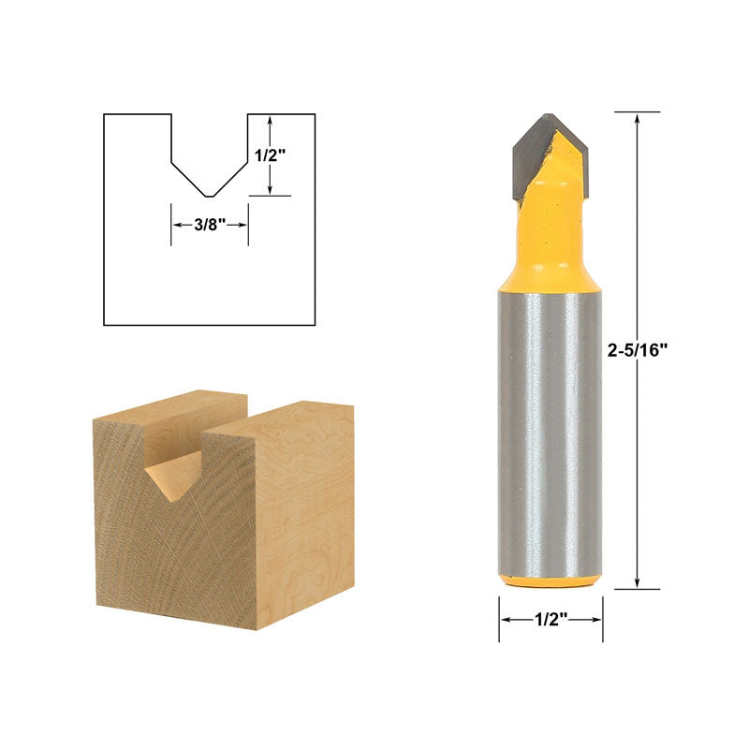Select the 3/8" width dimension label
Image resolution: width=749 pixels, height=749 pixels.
tap(209, 225)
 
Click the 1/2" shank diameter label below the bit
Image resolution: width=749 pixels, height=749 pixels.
tap(550, 620)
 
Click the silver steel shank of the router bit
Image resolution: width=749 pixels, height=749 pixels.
tap(550, 431)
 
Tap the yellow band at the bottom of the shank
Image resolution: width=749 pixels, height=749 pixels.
tap(550, 580)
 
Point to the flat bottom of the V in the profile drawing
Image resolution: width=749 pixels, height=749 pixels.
tap(209, 196)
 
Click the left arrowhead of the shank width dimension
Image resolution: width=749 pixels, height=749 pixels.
tap(504, 620)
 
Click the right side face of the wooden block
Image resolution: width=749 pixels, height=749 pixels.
tap(304, 515)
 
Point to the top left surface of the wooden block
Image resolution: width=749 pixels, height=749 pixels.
tap(173, 412)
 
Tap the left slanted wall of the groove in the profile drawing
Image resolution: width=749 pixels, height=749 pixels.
tap(187, 178)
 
